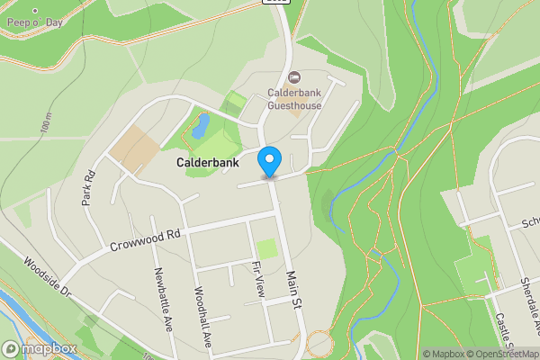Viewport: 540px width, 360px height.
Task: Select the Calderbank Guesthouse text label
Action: pyautogui.click(x=294, y=98)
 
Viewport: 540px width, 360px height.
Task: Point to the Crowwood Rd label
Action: pyautogui.click(x=146, y=238)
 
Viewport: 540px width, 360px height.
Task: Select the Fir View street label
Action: pyautogui.click(x=258, y=280)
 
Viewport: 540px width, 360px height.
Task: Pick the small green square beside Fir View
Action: pyautogui.click(x=265, y=247)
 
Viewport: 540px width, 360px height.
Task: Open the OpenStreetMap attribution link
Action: pyautogui.click(x=503, y=354)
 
